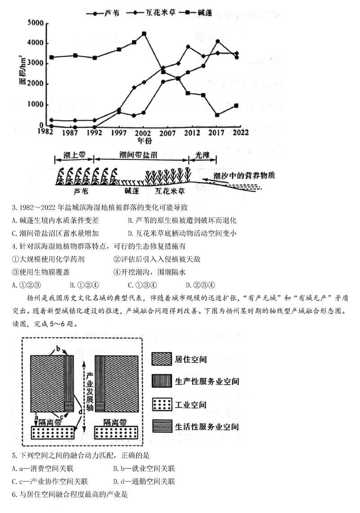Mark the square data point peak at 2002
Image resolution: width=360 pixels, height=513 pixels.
[x=144, y=33]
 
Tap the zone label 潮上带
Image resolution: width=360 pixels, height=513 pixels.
[x=74, y=154]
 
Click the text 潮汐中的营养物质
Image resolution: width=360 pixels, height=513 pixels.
[x=244, y=176]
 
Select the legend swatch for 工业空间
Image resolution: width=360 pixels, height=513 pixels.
[x=162, y=404]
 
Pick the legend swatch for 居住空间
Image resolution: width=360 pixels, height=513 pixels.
[x=162, y=359]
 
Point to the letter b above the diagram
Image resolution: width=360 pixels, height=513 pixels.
[x=58, y=348]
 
